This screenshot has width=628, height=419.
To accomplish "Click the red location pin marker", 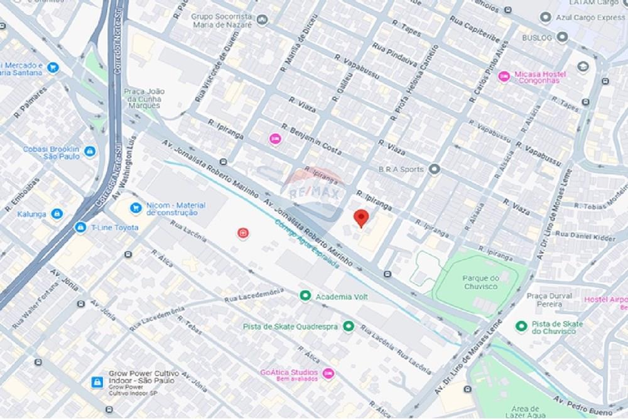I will [360, 217].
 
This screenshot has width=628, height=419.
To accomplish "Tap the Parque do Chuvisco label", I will [480, 282].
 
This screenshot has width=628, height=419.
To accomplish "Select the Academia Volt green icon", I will [305, 295].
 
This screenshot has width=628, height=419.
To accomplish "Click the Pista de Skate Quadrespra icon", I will [349, 326].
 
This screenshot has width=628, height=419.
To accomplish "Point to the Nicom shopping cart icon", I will [135, 207].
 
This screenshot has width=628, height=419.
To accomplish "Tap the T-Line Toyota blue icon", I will [80, 227].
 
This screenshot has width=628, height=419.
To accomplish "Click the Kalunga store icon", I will [57, 214].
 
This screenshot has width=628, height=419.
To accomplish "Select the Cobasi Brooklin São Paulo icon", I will [89, 152].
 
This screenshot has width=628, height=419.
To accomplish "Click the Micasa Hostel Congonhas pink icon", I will [503, 77].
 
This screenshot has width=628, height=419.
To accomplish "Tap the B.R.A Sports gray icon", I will [435, 169].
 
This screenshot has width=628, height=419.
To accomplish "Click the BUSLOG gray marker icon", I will [562, 37].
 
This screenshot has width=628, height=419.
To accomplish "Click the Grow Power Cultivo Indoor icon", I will [97, 382].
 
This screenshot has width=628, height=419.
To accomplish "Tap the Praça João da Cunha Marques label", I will [144, 99].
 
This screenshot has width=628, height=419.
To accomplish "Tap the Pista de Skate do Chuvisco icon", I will [521, 326].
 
